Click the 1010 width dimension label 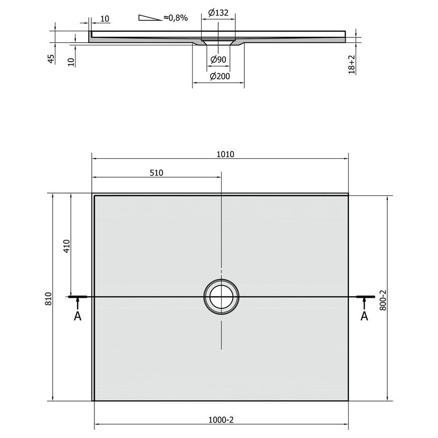click(225, 154)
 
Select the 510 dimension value click(156, 173)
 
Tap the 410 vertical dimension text click(67, 246)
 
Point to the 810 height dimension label click(49, 298)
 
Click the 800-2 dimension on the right click(383, 300)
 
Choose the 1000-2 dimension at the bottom click(221, 420)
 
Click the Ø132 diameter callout click(218, 13)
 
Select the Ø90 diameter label click(218, 60)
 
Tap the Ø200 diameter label click(220, 76)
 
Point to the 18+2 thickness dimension click(351, 64)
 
